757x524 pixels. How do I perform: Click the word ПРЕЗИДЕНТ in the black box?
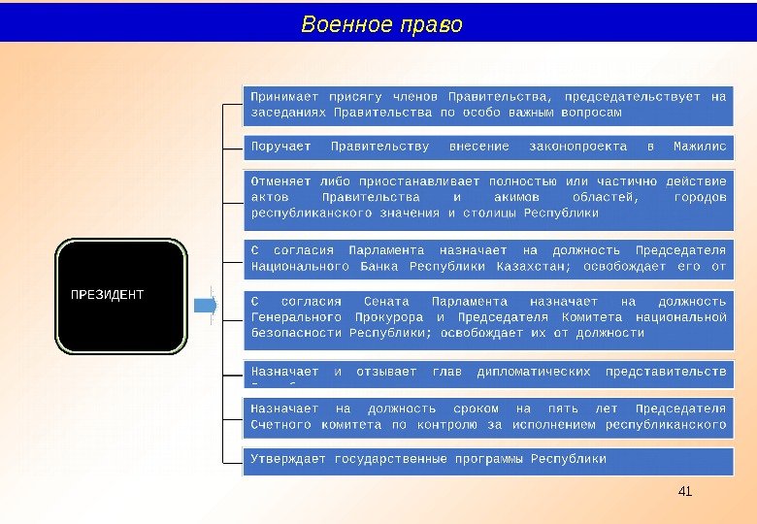107,294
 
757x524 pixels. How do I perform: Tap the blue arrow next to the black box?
206,305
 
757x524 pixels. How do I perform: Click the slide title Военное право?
381,23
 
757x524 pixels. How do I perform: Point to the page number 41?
685,492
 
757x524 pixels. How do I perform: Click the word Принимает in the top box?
283,96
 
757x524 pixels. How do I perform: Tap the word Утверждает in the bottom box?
288,458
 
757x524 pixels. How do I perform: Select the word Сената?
385,301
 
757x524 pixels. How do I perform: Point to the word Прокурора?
383,316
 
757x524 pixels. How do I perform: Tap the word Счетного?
280,424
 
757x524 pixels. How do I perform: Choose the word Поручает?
280,147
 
